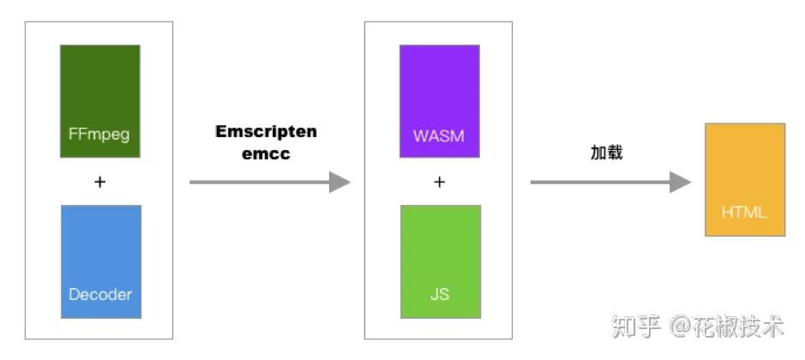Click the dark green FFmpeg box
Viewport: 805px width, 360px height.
pos(99,101)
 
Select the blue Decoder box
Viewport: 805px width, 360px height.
pos(101,261)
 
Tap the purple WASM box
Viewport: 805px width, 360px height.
pos(439,101)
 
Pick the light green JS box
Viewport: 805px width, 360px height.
pos(440,261)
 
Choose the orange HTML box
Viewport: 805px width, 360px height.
pos(744,179)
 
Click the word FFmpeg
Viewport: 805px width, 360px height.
pos(99,135)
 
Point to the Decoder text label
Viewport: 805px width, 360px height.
pos(100,294)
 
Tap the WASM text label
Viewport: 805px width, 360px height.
pos(439,135)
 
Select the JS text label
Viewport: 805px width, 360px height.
pos(440,294)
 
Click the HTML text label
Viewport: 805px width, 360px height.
pos(744,213)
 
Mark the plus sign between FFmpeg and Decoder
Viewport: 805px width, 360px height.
pos(99,182)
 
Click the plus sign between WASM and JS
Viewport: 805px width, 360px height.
pos(440,182)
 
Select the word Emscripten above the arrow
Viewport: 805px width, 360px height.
pos(266,132)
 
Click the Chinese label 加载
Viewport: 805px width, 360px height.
pos(606,153)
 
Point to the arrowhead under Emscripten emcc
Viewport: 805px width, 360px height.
pos(340,182)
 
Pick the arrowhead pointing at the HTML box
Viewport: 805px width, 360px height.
pos(681,182)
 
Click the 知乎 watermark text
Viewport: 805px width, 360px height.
pos(637,327)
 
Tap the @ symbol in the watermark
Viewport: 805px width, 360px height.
pos(680,327)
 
